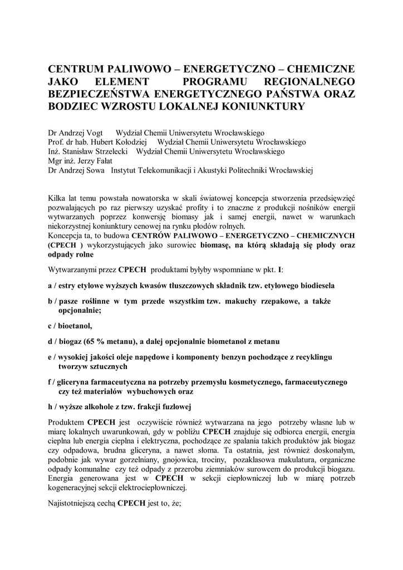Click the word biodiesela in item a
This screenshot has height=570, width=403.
click(x=314, y=286)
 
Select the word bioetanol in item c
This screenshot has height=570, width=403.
click(x=75, y=325)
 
